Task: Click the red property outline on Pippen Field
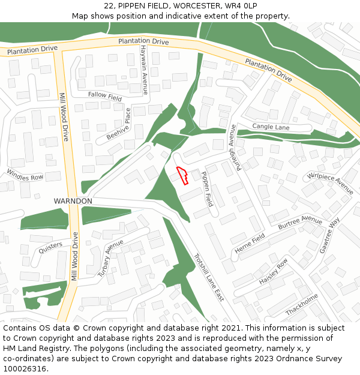(x=182, y=175)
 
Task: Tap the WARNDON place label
(x=73, y=200)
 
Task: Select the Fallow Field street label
(x=105, y=96)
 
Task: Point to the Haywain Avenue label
(x=144, y=70)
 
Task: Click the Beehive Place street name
(x=119, y=124)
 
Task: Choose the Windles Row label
(x=25, y=174)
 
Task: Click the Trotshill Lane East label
(x=208, y=276)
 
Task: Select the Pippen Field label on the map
(x=206, y=189)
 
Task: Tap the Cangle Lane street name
(x=271, y=127)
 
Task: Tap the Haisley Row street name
(x=274, y=271)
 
